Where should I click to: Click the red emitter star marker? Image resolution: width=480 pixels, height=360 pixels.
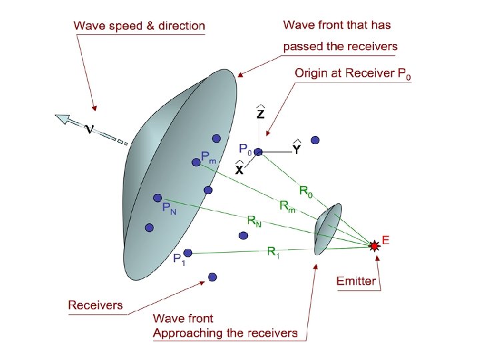375,246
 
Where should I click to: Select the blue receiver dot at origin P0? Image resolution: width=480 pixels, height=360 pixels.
258,152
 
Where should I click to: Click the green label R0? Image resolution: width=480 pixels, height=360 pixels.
306,192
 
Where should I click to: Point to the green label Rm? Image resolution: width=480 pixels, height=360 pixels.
287,207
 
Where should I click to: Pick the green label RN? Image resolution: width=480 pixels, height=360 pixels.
254,220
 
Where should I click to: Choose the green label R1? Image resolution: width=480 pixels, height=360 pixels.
273,251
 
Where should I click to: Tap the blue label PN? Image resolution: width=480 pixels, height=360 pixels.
169,209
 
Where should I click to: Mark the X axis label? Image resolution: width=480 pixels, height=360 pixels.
239,169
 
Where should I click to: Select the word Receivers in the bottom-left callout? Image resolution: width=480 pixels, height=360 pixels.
95,305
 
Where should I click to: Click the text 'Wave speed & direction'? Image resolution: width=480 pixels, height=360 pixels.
139,27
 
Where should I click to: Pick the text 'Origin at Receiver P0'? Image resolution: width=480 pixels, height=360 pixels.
353,74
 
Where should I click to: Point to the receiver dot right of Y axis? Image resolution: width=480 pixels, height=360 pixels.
315,140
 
